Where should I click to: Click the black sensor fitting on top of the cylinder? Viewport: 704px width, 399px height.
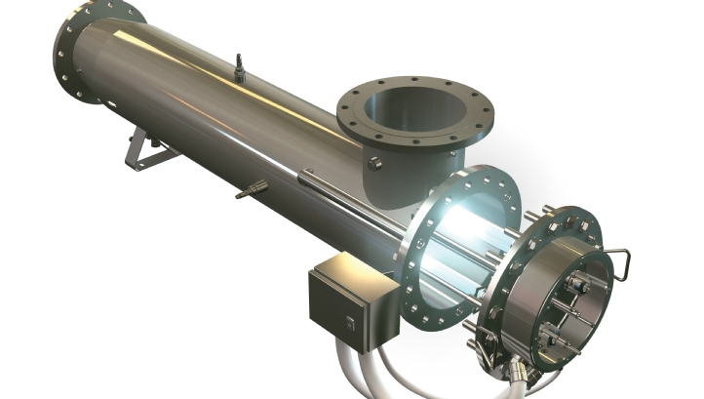238,66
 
